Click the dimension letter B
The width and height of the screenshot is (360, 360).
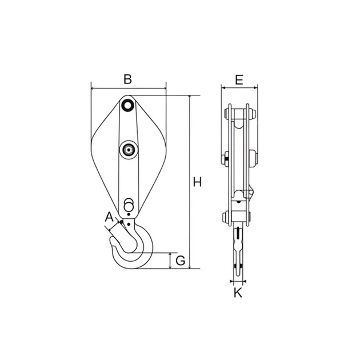pos(127,79)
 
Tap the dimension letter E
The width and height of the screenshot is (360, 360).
pos(239,80)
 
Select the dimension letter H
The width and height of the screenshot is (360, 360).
pos(197,182)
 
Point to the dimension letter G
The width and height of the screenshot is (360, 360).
pos(181,261)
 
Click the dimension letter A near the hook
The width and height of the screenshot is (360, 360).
pos(109,217)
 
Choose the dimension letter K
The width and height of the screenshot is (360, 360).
pos(238,293)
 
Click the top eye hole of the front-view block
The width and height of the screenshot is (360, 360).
pos(128,105)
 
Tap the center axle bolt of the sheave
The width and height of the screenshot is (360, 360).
pos(129,150)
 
